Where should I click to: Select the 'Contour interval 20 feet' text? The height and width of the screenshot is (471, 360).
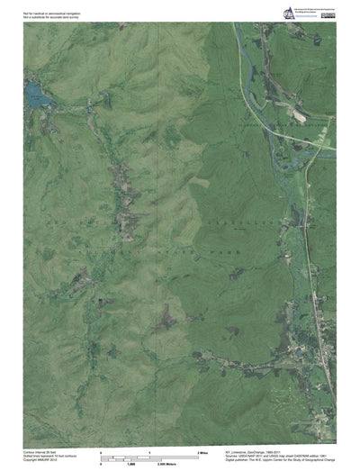[x=40, y=450]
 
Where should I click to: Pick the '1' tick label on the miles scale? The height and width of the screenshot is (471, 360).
[x=149, y=449]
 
